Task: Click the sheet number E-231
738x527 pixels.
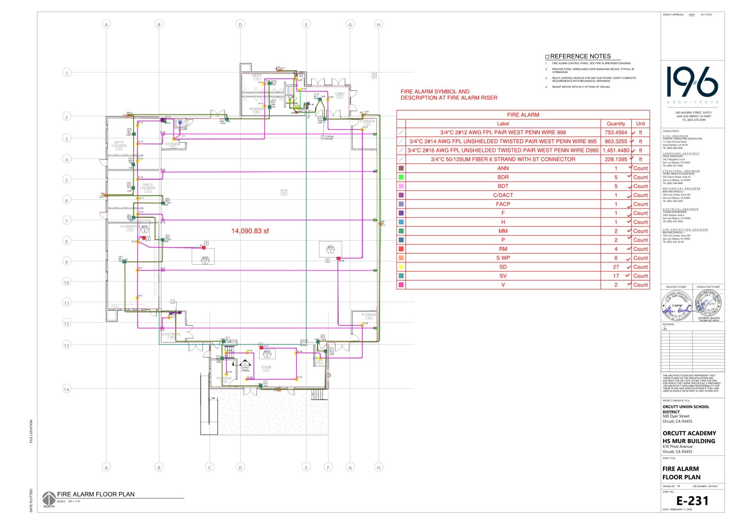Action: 692,501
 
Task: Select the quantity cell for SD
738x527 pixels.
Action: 615,267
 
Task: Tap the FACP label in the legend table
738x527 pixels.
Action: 503,204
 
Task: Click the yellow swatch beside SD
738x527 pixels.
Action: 401,267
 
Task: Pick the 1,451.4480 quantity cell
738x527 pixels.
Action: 615,150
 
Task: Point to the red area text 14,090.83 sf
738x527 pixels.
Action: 250,231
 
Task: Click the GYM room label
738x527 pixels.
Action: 283,191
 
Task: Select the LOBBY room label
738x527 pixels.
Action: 340,94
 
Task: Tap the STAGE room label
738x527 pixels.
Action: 266,367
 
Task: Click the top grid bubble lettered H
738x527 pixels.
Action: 379,25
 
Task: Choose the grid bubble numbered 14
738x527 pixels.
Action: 67,389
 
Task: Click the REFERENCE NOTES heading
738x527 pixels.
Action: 580,56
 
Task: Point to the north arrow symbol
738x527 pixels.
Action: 49,498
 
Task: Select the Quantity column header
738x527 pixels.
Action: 615,123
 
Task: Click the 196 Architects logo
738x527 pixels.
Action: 692,83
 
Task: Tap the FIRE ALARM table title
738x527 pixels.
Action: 523,115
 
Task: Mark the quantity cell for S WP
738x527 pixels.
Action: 615,258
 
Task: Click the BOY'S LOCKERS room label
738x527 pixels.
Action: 119,144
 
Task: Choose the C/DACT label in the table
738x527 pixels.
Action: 503,195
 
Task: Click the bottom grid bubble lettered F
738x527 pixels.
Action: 329,467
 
